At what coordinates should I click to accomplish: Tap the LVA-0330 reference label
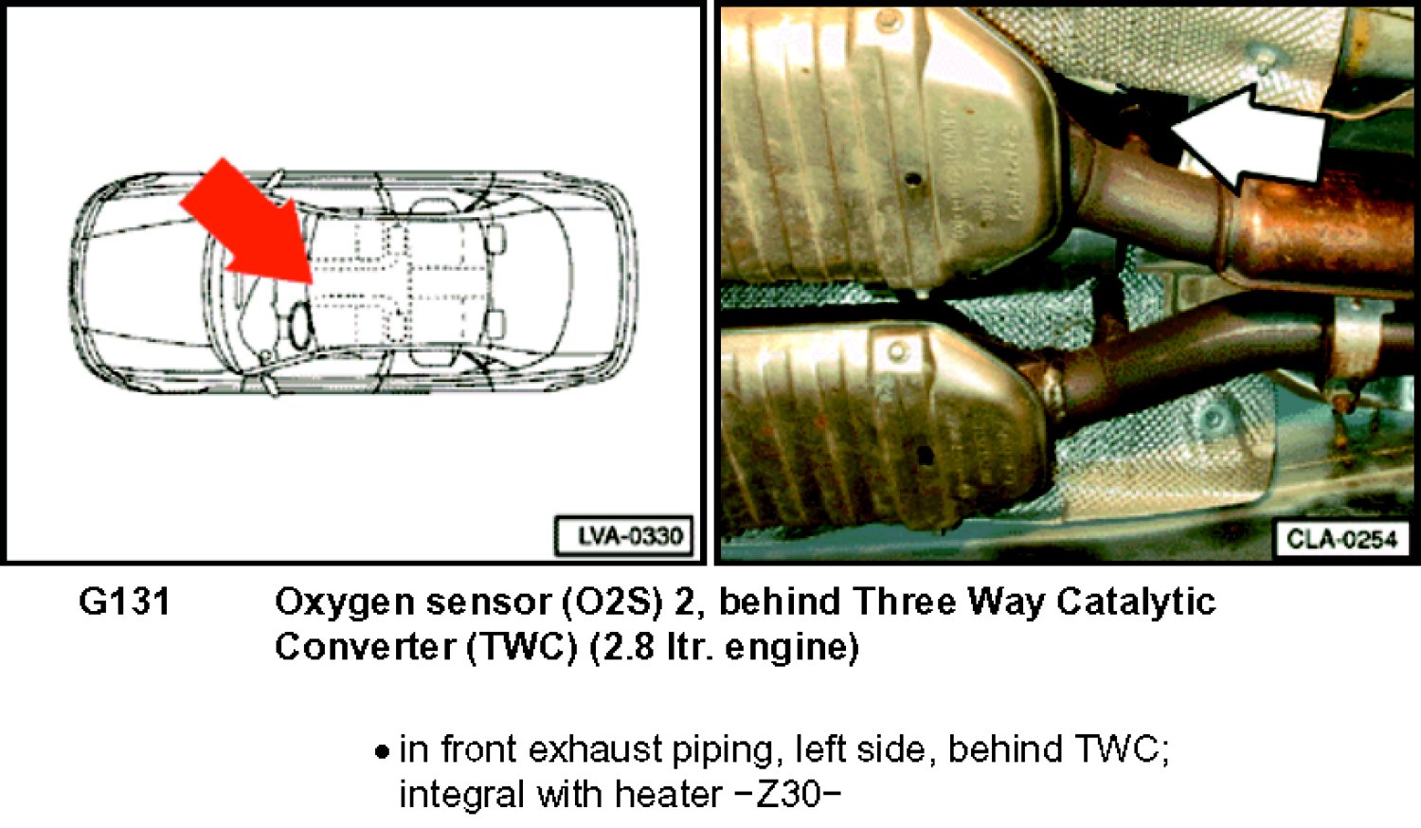click(x=624, y=536)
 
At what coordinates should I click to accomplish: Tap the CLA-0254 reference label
click(x=1341, y=539)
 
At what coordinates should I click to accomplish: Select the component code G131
click(x=125, y=602)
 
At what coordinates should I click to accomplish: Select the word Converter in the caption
click(x=365, y=647)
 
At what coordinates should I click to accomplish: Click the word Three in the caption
click(x=903, y=602)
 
